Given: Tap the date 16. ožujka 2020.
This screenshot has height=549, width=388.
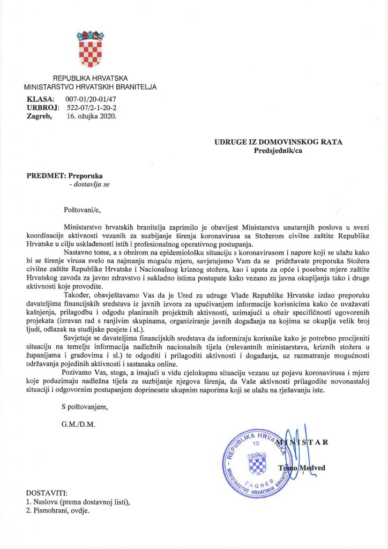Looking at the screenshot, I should (91, 115).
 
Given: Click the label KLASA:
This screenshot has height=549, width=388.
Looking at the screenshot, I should (40, 99).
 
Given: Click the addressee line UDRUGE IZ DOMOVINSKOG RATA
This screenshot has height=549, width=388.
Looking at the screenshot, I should (278, 142).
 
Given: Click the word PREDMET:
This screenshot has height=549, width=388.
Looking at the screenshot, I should (46, 175).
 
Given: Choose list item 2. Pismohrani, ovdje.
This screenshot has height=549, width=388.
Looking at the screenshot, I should (58, 510).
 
